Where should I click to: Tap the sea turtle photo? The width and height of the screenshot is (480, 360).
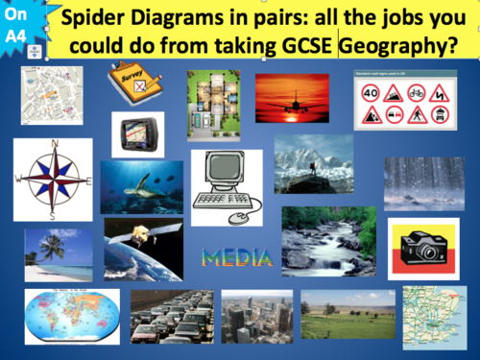(x=141, y=186)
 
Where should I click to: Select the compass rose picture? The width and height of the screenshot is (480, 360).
(x=53, y=180)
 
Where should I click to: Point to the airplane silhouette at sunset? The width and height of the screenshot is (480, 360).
(x=292, y=99)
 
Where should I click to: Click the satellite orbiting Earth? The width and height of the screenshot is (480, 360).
(x=143, y=248)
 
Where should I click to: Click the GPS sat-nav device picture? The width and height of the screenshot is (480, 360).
(x=137, y=134)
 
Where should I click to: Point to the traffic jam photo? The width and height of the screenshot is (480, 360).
(x=172, y=316)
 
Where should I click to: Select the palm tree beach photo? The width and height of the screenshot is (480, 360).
(x=59, y=253)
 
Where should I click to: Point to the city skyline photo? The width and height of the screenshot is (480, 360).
(x=256, y=317)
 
